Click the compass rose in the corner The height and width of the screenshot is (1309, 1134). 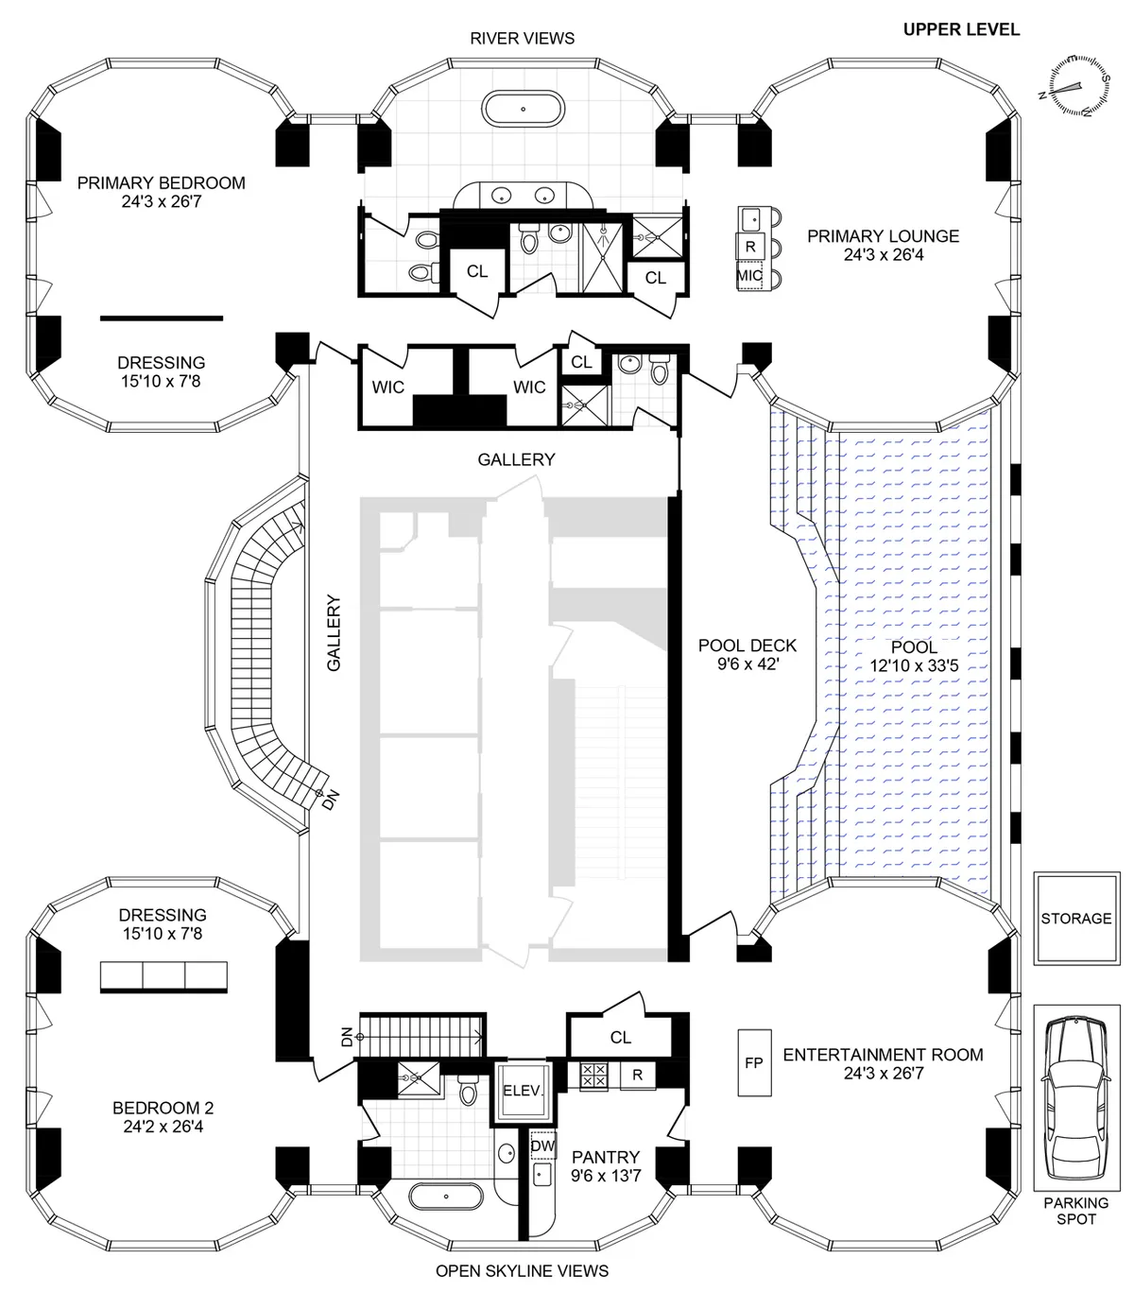1074,86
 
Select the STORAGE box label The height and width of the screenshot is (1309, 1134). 1075,918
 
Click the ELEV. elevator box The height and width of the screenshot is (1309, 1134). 523,1090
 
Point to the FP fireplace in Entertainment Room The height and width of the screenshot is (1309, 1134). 753,1062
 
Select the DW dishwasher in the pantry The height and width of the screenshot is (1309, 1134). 542,1145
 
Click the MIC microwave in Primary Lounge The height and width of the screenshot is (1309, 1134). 749,275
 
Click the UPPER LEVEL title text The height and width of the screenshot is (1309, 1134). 961,29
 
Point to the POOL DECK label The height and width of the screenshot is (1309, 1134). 747,646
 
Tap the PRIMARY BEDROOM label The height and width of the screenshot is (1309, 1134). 161,182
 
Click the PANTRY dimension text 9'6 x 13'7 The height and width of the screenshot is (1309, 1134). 605,1176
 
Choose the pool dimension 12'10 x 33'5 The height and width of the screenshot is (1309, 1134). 914,665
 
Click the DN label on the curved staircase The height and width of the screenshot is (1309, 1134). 329,801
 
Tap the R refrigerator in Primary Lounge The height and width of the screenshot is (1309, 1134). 750,247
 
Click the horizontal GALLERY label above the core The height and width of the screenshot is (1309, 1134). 516,459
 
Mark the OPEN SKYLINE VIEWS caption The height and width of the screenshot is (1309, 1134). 522,1270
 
